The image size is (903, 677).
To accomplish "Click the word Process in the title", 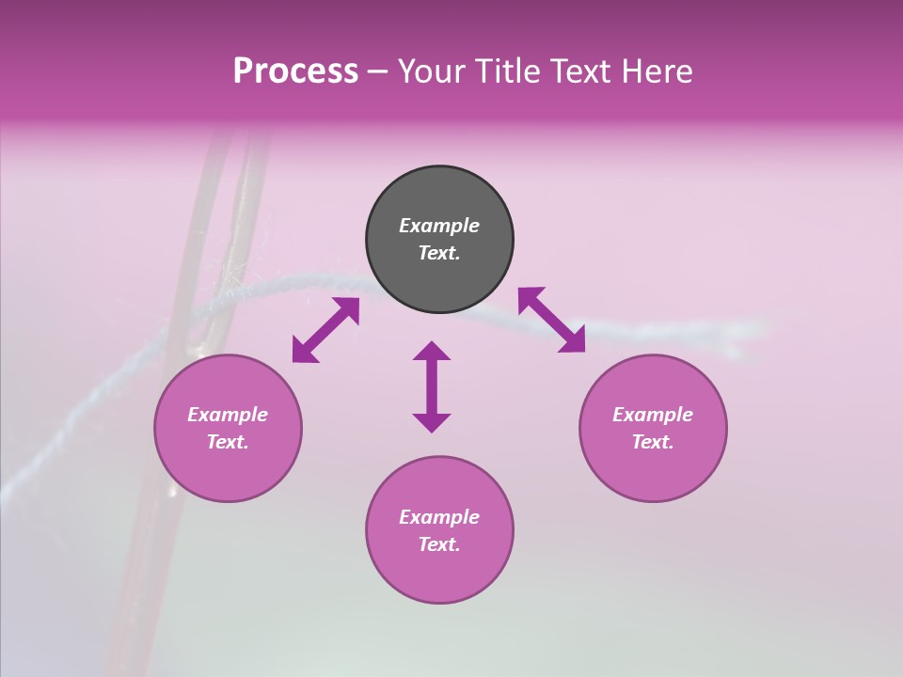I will pos(295,71).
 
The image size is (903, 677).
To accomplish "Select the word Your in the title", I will pos(430,71).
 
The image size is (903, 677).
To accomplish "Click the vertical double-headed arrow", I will pos(432,386).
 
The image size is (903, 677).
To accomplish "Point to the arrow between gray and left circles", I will pos(325,330).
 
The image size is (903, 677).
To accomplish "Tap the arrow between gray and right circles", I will pos(551,320).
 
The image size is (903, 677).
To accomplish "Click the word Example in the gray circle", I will pos(439,226).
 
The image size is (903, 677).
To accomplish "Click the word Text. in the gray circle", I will pos(439,253).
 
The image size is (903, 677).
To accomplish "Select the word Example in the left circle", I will pos(228,415).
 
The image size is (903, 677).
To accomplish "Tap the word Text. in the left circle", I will pos(228,442).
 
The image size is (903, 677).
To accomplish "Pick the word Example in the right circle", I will pos(653,415).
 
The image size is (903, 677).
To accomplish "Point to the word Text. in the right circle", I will pos(653,442).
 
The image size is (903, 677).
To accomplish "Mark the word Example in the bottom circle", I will pos(439,517).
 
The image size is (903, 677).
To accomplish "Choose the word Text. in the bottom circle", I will pos(439,544).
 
